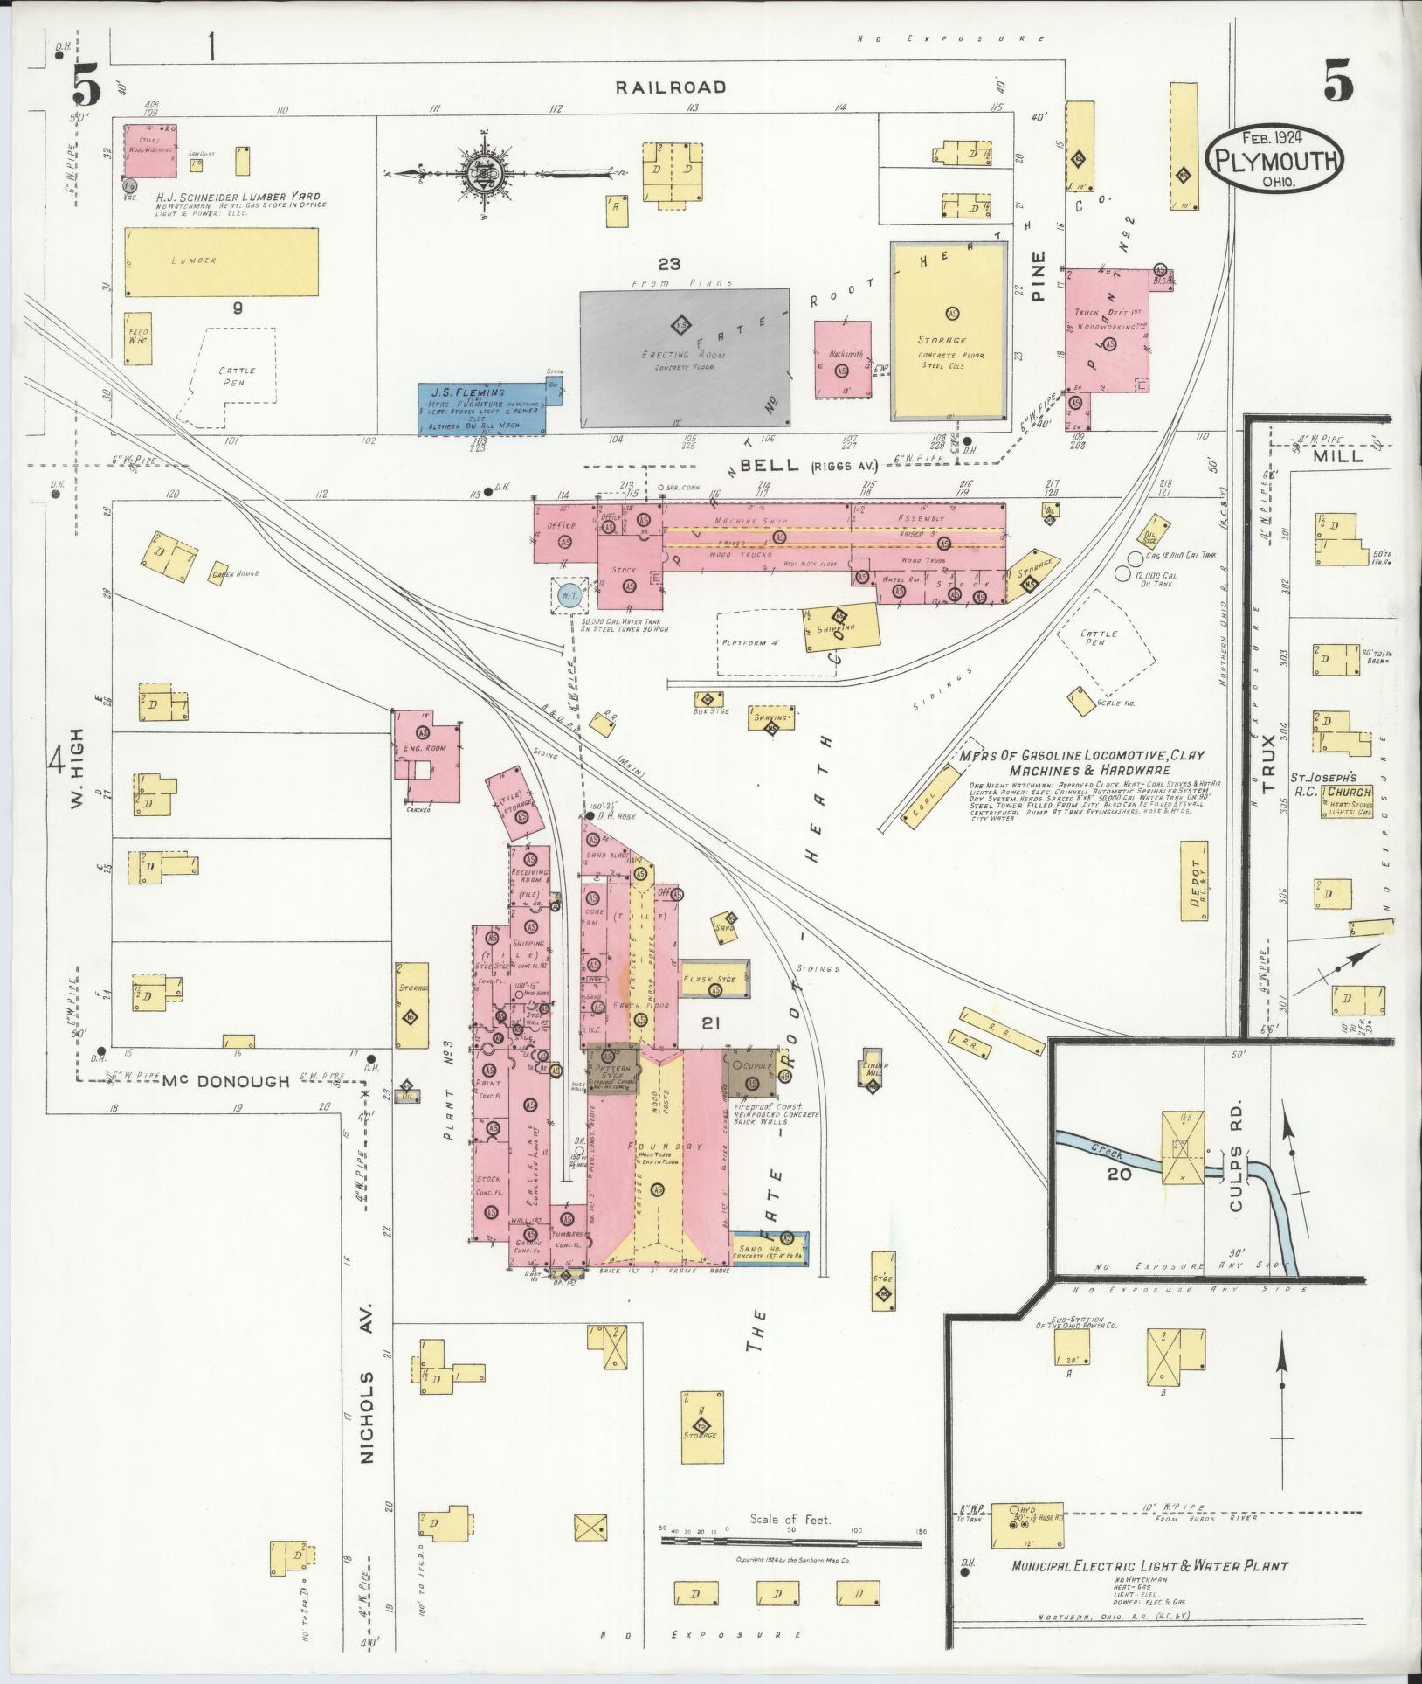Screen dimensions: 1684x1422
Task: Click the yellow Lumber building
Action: tap(222, 262)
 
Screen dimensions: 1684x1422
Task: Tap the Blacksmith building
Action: tap(842, 359)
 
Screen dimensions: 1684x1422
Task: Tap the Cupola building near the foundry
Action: tap(749, 1074)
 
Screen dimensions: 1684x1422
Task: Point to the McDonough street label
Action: tap(226, 1081)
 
